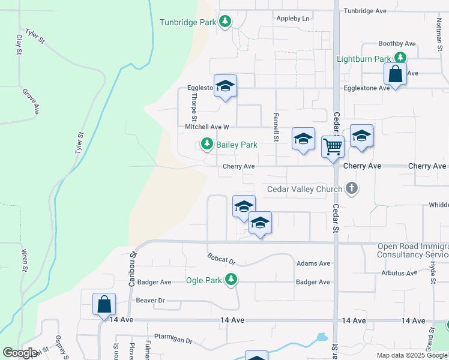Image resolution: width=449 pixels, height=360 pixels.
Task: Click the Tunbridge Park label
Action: coord(187,23)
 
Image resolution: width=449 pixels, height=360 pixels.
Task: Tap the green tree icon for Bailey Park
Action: coord(207,145)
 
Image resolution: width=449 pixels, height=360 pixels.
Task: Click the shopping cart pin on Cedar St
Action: coord(333,146)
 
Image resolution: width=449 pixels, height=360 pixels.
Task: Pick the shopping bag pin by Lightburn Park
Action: coord(396,74)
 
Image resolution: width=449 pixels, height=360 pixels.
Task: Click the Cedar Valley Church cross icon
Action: coord(352,189)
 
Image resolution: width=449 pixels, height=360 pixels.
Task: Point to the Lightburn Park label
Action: coord(364,59)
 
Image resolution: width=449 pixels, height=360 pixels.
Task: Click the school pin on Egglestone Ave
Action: coord(225,86)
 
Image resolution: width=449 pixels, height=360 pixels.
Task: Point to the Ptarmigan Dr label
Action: coord(173,340)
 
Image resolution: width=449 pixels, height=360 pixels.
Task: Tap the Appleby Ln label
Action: coord(293,19)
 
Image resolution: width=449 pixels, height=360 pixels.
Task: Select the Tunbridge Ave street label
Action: coord(365,11)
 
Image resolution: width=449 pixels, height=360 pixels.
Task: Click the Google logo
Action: coord(20,353)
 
